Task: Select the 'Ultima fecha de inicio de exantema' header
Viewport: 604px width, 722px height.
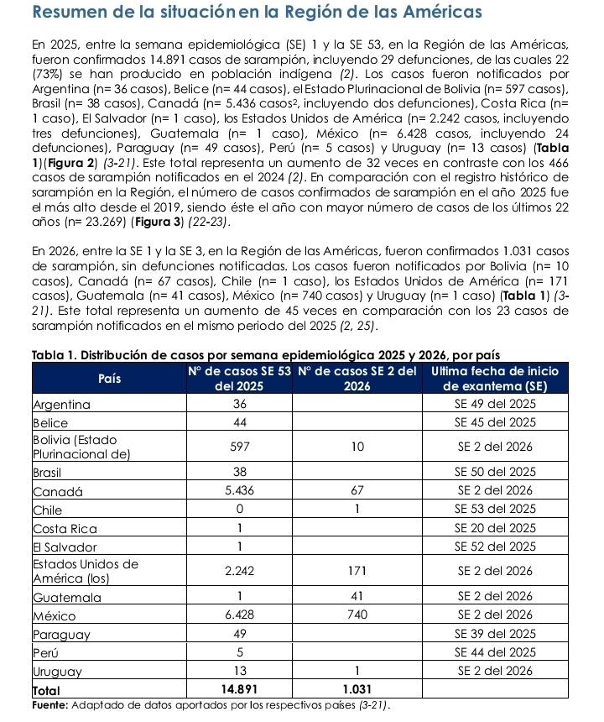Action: [496, 378]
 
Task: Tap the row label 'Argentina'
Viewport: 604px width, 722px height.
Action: [62, 404]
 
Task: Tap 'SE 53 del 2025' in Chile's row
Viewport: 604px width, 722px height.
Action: [496, 509]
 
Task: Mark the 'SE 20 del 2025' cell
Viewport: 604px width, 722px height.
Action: [496, 528]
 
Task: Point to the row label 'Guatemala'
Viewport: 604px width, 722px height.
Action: [65, 597]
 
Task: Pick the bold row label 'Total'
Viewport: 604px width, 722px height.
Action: [47, 688]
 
